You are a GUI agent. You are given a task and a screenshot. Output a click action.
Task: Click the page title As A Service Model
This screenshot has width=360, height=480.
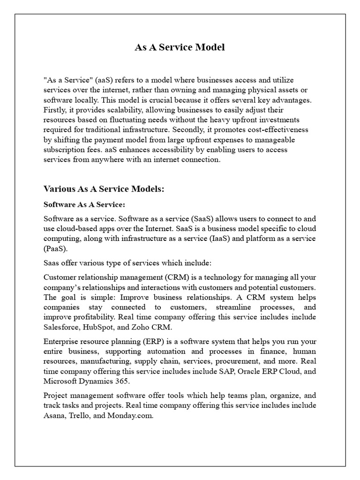click(180, 47)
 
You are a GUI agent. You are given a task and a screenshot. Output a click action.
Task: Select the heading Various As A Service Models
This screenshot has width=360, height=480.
click(103, 189)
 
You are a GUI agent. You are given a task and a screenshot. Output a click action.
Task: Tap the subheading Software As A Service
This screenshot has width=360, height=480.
click(84, 205)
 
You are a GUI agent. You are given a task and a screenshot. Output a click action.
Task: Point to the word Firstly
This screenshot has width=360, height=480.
click(55, 110)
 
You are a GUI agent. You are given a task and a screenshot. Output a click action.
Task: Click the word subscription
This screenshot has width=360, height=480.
click(63, 150)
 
